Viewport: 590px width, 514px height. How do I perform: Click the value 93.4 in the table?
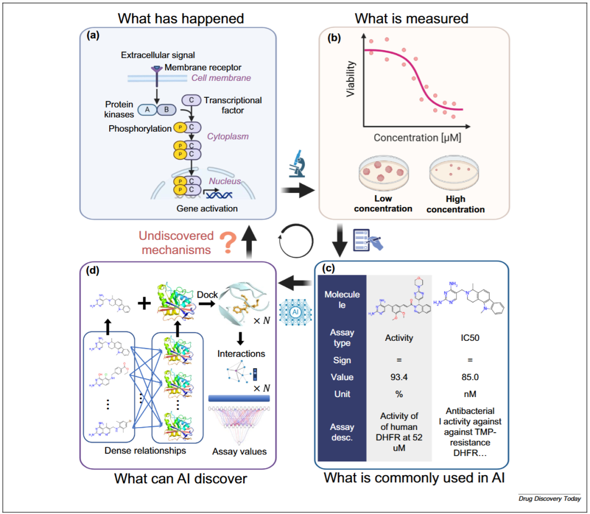coord(398,377)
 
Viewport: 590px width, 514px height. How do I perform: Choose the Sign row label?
coord(342,361)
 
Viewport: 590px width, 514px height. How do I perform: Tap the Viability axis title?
coord(351,79)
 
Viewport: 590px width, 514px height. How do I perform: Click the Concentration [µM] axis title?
coord(417,138)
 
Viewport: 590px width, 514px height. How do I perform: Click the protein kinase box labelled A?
coord(148,110)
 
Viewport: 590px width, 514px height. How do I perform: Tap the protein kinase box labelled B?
coord(166,110)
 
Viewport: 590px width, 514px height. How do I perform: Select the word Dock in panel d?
coord(208,294)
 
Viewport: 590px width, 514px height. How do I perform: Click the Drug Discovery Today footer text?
coord(550,499)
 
